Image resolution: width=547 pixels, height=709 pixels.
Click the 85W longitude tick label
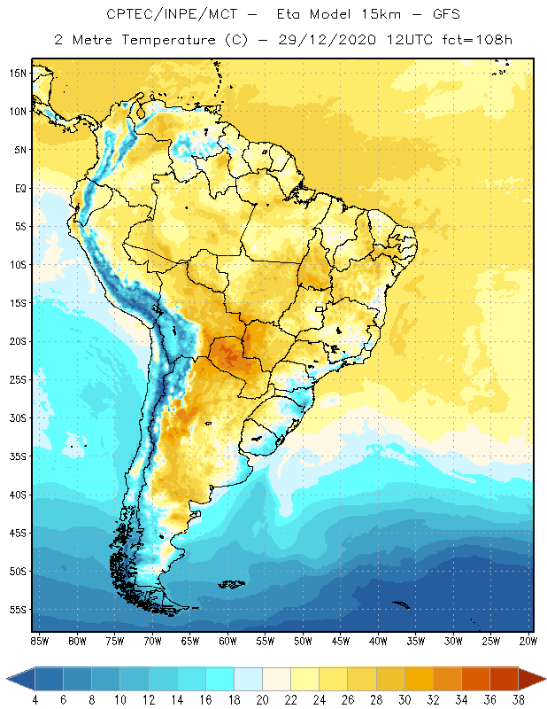[x=40, y=640]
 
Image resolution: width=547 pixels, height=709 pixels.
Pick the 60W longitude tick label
[x=228, y=640]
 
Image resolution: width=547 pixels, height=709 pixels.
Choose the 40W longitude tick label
[x=379, y=640]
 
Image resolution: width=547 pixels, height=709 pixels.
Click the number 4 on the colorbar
[x=35, y=699]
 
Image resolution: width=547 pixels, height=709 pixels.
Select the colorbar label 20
[x=262, y=699]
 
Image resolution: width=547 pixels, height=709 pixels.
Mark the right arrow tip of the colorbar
[x=544, y=679]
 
